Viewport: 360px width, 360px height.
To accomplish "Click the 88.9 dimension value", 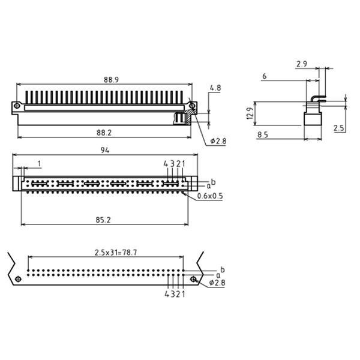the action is pos(111,80).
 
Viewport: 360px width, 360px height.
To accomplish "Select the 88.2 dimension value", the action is pos(104,133).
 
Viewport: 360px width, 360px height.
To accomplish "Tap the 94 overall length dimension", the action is pos(105,150).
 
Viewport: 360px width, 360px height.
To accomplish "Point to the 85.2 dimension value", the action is pos(103,220).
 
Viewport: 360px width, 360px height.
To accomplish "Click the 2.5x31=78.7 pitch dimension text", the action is pos(116,253).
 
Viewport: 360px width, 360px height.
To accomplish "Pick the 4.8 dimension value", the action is pos(215,88).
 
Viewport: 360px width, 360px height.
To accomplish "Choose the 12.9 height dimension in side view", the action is pos(250,113).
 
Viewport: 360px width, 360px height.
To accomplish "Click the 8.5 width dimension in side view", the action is pos(263,135).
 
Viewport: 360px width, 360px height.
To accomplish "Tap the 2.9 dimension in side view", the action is pos(302,64).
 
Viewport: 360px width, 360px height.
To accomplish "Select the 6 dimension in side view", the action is pos(265,76).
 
